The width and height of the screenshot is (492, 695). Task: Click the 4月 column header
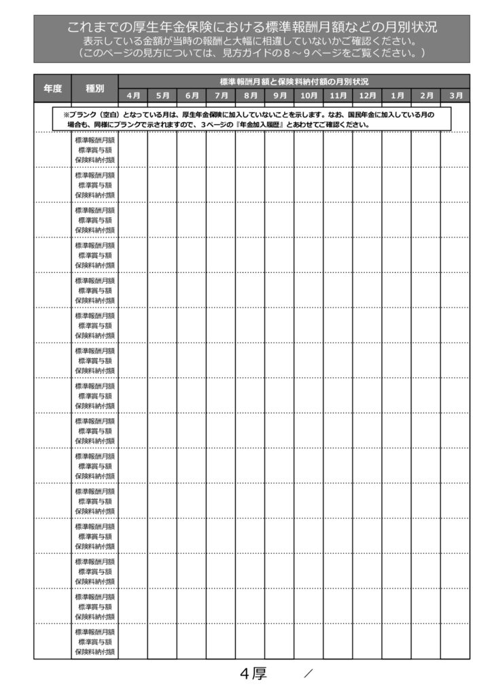pos(133,95)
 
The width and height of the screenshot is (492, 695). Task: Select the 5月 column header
pos(162,95)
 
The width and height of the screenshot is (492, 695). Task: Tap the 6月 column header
pos(192,95)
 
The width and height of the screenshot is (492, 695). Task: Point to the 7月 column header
pos(221,95)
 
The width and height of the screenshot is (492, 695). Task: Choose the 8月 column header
pos(250,95)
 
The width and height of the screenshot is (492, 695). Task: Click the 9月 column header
pos(279,95)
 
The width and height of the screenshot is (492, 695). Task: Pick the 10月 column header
pos(309,95)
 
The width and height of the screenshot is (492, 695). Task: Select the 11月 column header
pos(338,95)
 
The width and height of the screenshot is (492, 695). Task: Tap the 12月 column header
pos(367,95)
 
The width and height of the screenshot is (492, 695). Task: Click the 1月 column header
pos(396,95)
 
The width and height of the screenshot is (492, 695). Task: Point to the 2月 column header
pos(425,95)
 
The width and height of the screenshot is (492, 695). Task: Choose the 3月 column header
pos(455,95)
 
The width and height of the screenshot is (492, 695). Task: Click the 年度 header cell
pos(53,88)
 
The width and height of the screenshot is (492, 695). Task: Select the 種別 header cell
pos(95,88)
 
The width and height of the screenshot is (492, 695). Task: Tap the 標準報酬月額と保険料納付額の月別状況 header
pos(294,81)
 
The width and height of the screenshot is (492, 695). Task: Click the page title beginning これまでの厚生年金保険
pos(251,28)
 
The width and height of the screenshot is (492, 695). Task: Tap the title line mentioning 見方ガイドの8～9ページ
pos(251,52)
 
